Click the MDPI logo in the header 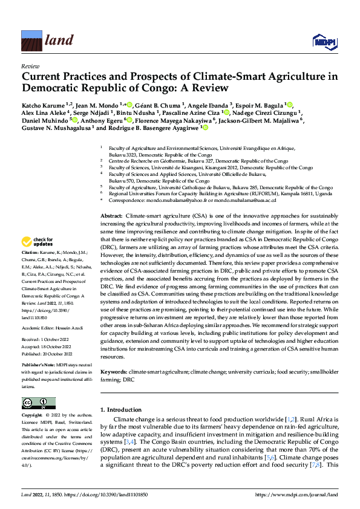click(322, 41)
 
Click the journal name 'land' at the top click(59, 41)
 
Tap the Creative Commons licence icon click(39, 403)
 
